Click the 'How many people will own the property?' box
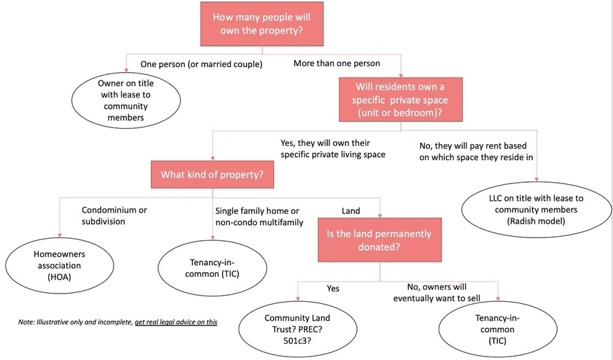pos(262,24)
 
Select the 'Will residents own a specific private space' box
pos(401,100)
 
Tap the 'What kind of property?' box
pos(212,174)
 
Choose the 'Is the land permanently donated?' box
pos(380,240)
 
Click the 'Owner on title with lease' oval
pos(126,100)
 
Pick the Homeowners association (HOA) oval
pos(60,265)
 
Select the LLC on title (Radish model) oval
pos(536,209)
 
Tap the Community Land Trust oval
pos(298,329)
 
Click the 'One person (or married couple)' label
pos(201,64)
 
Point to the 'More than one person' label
pos(337,63)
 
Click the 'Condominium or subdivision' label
pos(114,215)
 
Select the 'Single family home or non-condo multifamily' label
pos(259,217)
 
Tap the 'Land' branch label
pos(351,211)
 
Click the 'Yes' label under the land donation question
pos(333,289)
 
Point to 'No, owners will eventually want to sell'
pos(437,292)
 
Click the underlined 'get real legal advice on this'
pos(176,322)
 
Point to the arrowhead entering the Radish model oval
pos(537,179)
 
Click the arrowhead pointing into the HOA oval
pos(60,235)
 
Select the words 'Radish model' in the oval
pos(536,221)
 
